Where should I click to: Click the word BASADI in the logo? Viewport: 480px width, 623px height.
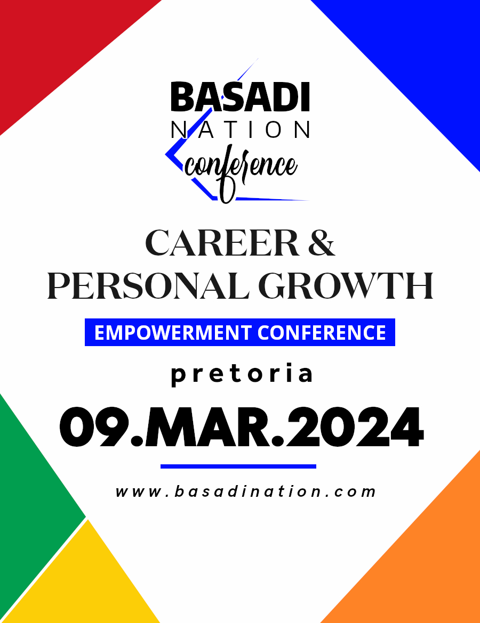point(240,97)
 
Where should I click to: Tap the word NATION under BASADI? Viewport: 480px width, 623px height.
point(241,129)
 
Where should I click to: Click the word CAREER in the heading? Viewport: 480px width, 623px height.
point(222,243)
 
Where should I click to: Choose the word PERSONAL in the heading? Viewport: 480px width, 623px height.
point(148,285)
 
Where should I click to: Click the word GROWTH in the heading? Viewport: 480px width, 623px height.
point(346,285)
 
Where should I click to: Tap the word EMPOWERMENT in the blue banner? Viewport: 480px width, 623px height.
point(173,333)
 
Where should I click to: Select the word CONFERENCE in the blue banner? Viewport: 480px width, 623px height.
point(322,333)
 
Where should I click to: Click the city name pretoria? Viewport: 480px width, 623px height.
point(242,374)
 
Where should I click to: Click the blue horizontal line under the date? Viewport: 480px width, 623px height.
point(238,466)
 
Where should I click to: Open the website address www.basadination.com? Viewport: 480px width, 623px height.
point(245,491)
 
